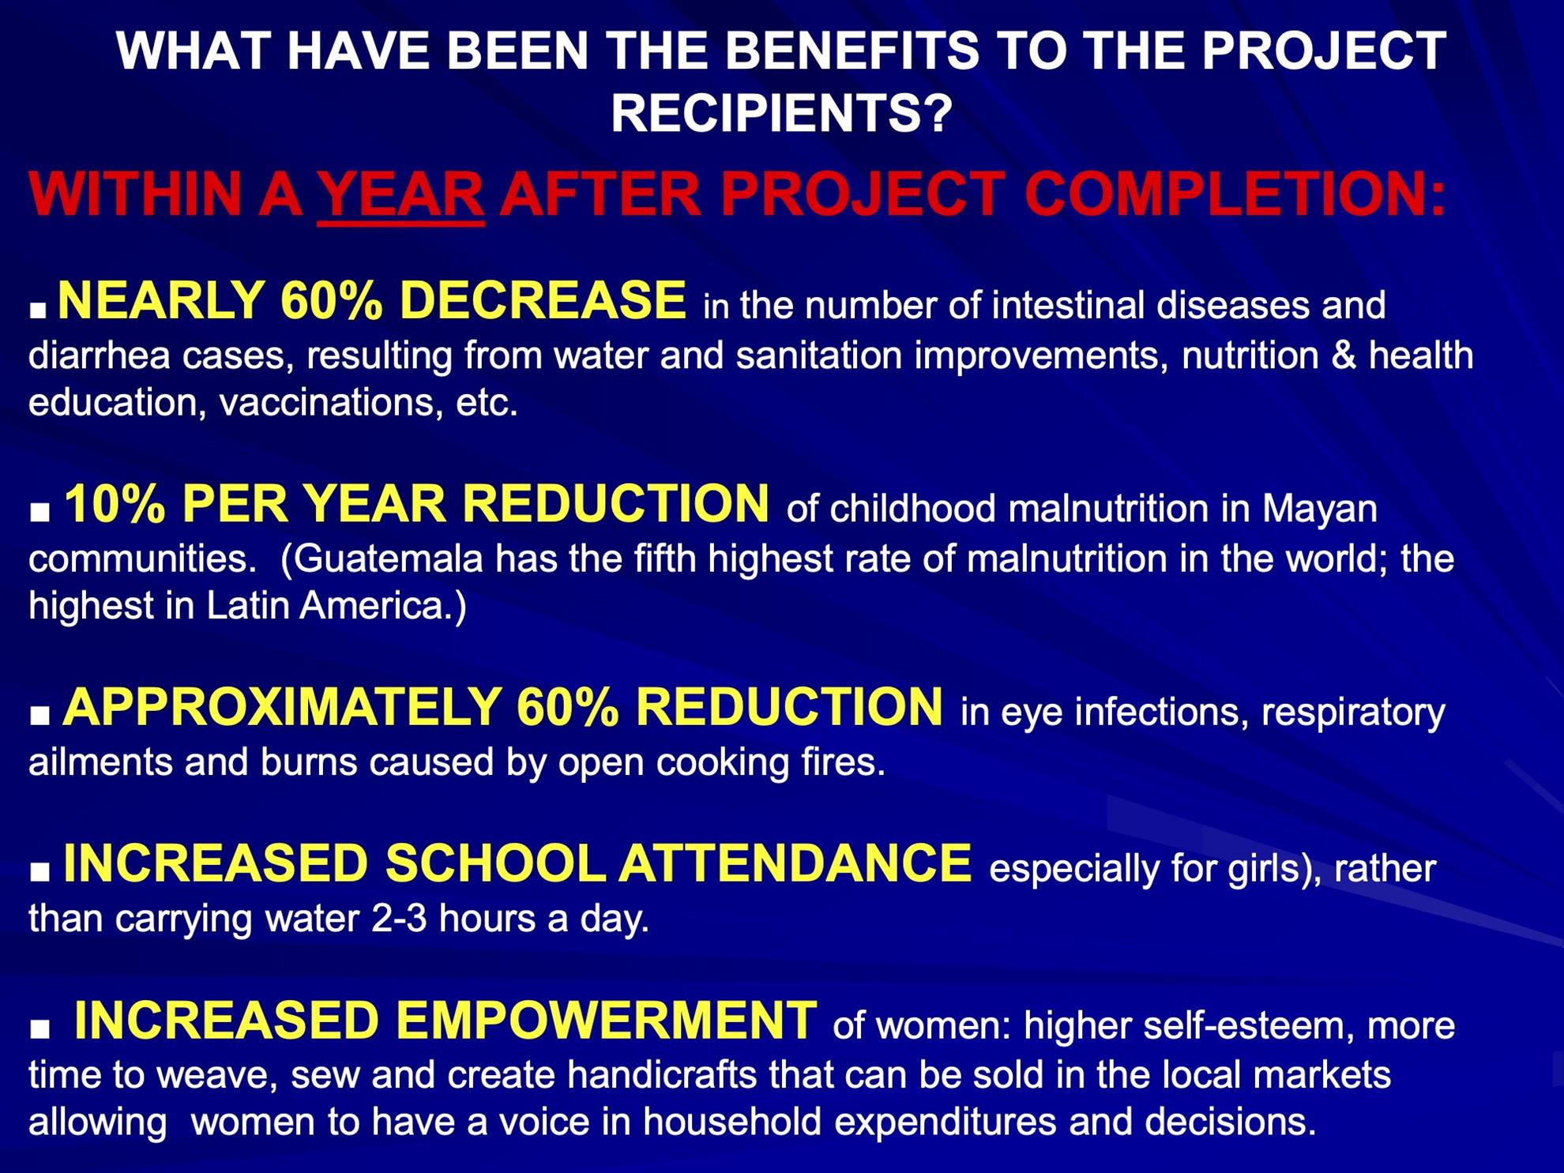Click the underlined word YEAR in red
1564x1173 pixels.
(400, 194)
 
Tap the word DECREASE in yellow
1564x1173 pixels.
(543, 300)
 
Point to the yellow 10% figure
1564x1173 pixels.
(115, 503)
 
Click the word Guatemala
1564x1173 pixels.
(388, 558)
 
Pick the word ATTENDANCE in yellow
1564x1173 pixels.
(795, 863)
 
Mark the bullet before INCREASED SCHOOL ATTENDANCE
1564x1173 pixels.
(39, 872)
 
